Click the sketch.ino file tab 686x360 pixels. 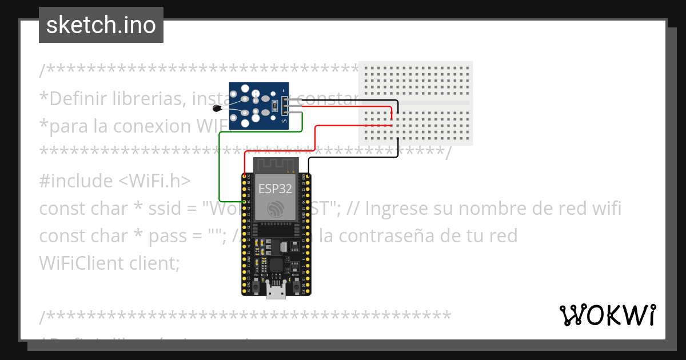[x=101, y=25]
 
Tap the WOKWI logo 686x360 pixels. [x=607, y=315]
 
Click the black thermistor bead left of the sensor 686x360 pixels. [x=217, y=108]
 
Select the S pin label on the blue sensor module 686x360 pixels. [x=284, y=119]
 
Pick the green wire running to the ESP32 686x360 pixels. [x=220, y=166]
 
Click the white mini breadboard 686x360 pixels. [x=416, y=103]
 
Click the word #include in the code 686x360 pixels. [x=76, y=181]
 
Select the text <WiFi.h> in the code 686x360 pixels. [x=154, y=181]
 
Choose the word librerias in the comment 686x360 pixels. [x=145, y=99]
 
